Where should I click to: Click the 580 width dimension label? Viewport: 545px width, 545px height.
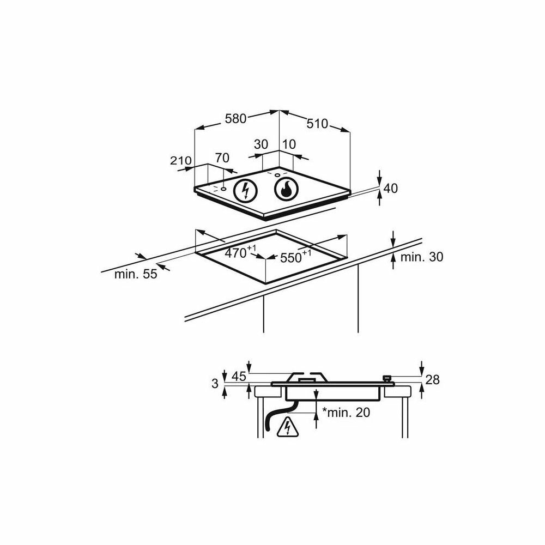[235, 118]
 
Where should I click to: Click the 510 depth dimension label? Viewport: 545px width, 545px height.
[317, 124]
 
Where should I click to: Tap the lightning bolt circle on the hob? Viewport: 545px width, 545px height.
[245, 190]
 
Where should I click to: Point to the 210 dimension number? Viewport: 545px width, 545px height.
[180, 161]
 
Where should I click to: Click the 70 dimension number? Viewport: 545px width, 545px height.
[222, 158]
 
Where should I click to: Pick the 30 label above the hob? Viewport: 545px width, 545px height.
[261, 144]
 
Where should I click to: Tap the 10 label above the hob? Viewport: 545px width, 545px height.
[289, 144]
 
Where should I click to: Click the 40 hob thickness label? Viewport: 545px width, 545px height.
[391, 189]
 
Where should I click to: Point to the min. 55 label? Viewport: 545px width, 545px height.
[135, 274]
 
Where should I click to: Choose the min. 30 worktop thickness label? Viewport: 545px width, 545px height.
[421, 257]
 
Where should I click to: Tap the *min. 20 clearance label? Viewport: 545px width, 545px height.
[346, 413]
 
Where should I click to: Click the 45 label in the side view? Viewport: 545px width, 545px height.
[239, 376]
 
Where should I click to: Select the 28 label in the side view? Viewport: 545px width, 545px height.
[432, 380]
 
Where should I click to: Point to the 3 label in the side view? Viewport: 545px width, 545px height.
[215, 384]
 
